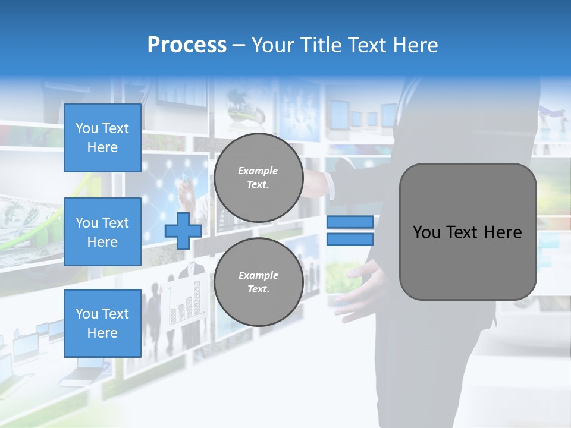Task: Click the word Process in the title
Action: pos(187,45)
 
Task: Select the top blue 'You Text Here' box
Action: pos(102,138)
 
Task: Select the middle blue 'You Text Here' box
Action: pos(102,232)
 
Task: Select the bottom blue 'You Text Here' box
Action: pos(102,323)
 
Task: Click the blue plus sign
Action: pos(183,231)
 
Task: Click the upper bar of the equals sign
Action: pos(350,222)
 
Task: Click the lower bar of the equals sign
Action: pos(350,240)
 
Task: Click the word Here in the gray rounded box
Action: pos(503,232)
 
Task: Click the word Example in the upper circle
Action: pos(258,171)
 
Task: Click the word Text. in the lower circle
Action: pos(258,289)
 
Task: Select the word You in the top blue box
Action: pos(87,128)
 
